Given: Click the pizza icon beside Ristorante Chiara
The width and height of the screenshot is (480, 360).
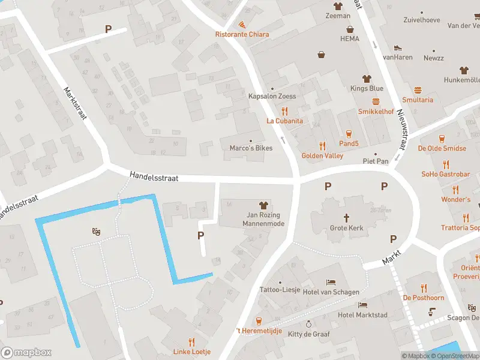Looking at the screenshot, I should click(x=242, y=25).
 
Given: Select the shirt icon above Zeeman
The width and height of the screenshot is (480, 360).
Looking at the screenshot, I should click(x=338, y=6).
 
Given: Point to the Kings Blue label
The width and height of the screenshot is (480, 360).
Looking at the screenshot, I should click(x=367, y=89).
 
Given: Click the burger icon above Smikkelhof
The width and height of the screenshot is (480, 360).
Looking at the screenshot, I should click(x=376, y=101).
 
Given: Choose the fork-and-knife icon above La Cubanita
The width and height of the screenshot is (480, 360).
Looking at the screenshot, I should click(x=285, y=111).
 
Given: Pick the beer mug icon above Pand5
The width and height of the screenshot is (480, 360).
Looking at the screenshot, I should click(x=349, y=133).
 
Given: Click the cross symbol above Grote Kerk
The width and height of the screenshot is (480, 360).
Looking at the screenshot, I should click(x=346, y=217).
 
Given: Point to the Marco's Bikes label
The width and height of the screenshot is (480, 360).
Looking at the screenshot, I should click(x=251, y=148).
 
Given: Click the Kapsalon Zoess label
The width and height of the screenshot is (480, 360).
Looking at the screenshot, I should click(x=272, y=96).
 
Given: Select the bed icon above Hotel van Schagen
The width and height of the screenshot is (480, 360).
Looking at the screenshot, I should click(x=331, y=282).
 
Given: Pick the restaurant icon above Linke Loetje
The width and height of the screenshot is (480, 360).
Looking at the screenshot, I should click(x=192, y=341).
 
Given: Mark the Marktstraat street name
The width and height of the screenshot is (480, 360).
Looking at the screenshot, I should click(x=76, y=104).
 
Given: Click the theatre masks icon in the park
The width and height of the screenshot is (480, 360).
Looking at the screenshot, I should click(x=95, y=231).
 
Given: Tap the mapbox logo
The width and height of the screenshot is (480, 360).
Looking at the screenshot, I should click(x=26, y=353).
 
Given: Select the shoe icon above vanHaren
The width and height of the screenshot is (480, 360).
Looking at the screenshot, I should click(x=397, y=47).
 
